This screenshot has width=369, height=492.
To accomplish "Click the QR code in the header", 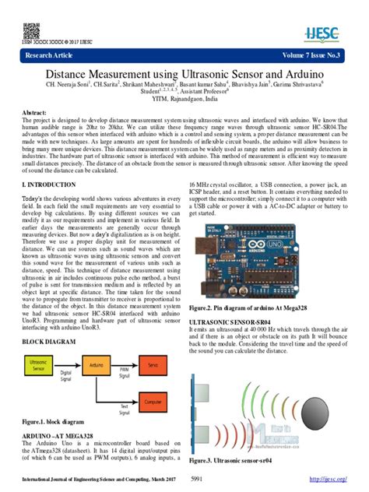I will [31, 31].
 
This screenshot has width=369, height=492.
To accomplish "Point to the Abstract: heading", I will [38, 113].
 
